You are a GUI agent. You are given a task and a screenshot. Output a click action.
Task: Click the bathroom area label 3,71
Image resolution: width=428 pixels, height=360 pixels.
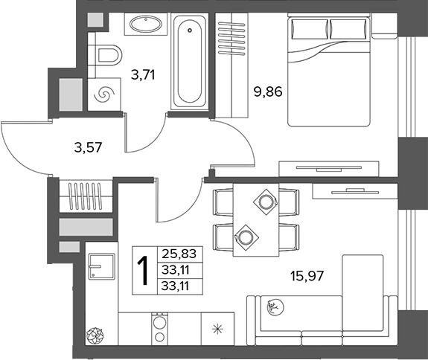[x=143, y=74]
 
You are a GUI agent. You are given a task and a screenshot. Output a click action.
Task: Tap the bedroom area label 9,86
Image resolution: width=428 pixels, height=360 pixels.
[x=268, y=91]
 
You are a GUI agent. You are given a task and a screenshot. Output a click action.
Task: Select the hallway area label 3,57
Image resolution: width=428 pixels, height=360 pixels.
[x=88, y=147]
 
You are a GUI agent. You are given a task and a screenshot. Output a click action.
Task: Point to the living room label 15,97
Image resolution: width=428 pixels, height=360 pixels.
[x=307, y=276]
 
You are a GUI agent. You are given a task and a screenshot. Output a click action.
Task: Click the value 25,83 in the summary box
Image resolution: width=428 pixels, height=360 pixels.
[x=179, y=254]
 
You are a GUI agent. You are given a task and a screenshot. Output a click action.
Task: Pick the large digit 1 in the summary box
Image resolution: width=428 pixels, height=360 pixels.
[x=144, y=271]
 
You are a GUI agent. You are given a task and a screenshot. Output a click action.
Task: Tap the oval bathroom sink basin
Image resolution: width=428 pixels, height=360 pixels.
[x=145, y=24]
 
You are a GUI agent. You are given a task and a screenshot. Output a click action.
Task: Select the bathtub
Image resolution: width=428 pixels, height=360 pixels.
[x=190, y=62]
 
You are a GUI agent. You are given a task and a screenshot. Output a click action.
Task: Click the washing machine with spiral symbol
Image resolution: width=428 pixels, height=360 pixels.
[x=104, y=94]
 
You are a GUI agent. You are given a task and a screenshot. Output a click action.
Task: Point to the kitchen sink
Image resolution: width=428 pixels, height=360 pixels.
[x=101, y=266]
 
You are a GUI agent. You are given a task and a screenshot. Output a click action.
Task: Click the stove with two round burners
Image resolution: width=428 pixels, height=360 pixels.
[x=160, y=329]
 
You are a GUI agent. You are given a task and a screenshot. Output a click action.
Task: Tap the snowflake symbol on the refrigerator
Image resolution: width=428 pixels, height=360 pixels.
[x=217, y=330]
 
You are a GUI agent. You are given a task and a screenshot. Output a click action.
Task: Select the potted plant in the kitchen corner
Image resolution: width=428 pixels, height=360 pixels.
[x=95, y=335]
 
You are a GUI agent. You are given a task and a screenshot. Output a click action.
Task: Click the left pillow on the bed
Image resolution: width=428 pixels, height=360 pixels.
[x=310, y=29]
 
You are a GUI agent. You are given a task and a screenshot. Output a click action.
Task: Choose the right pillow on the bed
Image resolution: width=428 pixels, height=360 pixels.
[x=348, y=29]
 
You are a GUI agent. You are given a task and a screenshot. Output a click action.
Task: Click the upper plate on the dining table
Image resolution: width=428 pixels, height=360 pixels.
[x=265, y=202]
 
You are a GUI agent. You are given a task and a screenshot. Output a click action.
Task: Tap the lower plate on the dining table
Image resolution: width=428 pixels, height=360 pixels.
[x=246, y=237]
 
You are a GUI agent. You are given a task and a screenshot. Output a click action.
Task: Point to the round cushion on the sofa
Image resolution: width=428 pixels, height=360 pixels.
[x=275, y=307]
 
